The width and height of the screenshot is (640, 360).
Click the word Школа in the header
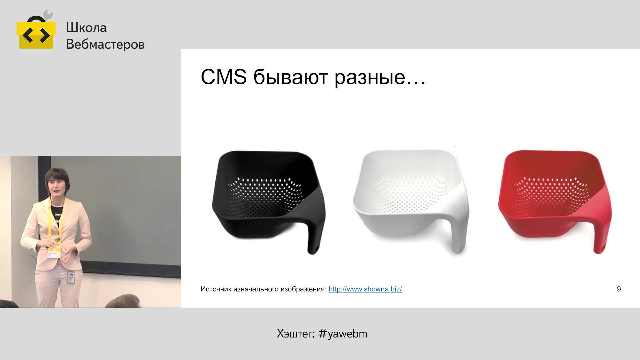(x=86, y=28)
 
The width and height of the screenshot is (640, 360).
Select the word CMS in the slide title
(x=224, y=77)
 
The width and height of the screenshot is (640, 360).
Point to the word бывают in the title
(x=291, y=77)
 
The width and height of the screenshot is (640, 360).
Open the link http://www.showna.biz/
(x=365, y=289)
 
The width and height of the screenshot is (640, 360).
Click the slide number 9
(x=619, y=289)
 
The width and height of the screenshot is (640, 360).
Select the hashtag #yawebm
(x=343, y=334)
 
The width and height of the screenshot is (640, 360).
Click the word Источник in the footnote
(x=216, y=289)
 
